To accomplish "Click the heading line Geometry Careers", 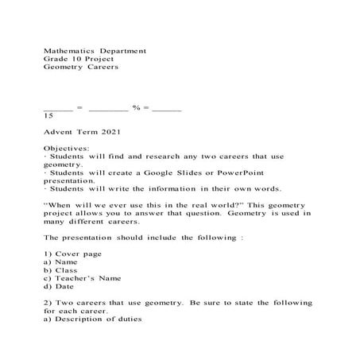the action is (x=80, y=68).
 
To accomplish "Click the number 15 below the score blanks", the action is (x=48, y=115).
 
